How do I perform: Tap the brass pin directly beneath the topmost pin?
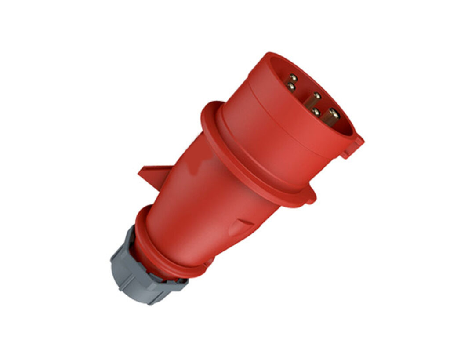tap(291, 87)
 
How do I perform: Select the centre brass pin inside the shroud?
tap(316, 96)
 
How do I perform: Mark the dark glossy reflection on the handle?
tap(193, 163)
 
